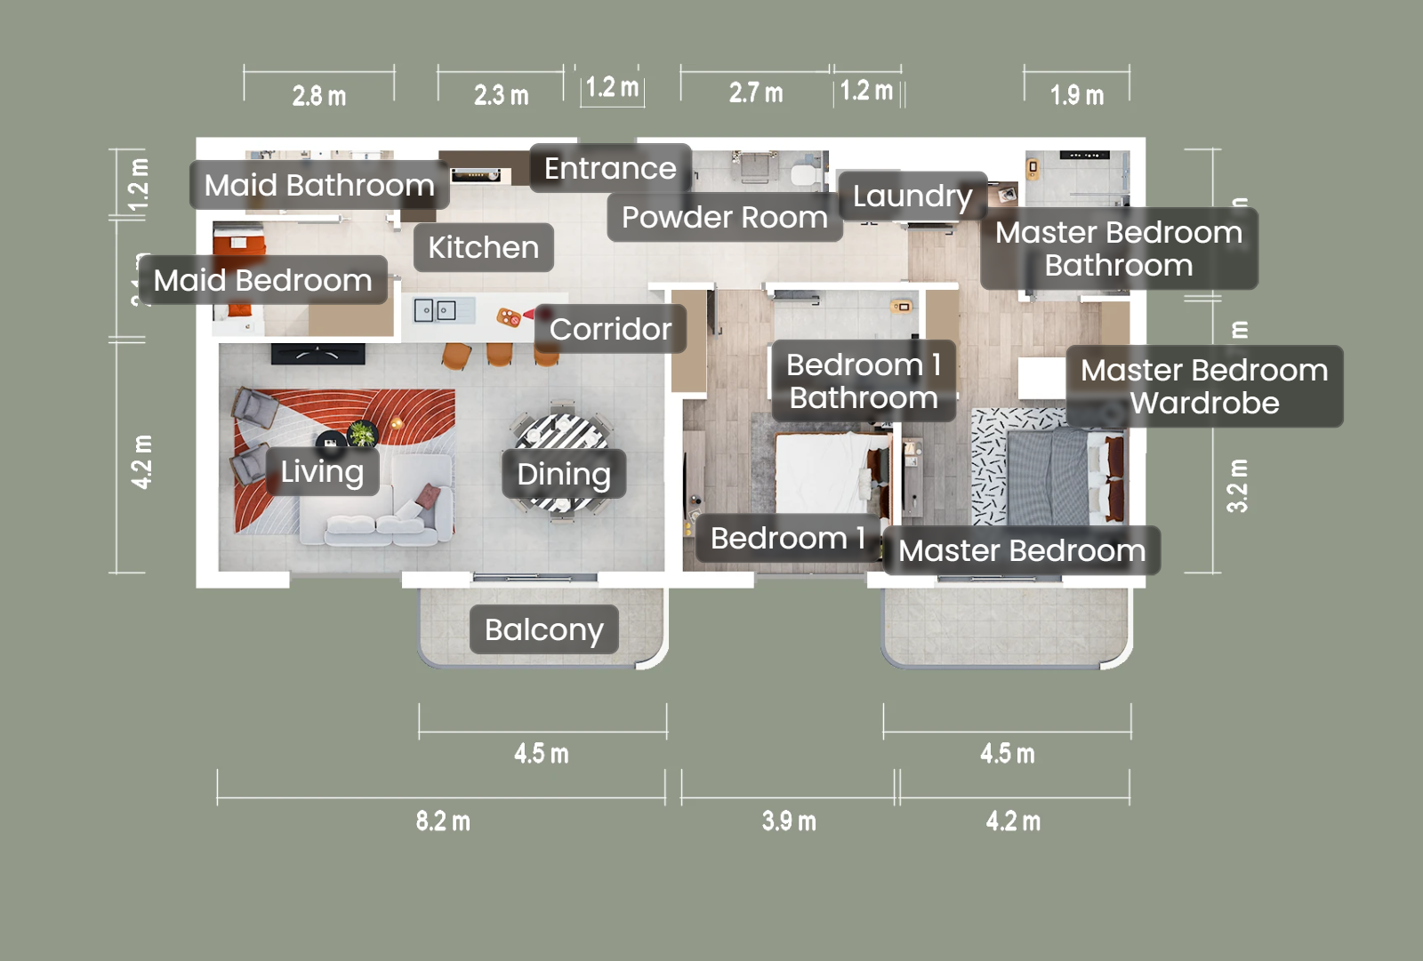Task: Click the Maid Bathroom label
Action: pos(319,185)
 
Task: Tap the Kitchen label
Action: pos(483,247)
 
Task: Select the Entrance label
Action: pos(610,168)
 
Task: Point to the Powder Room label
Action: pos(724,217)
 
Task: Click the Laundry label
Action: pos(912,196)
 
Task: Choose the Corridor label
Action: pos(610,329)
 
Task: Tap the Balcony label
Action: pos(543,629)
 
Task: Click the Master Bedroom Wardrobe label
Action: pos(1204,386)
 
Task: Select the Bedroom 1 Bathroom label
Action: pos(863,380)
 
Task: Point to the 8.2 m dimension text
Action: pos(443,821)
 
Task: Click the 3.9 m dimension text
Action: pos(789,821)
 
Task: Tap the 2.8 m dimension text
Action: pos(319,95)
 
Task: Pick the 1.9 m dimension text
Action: pos(1077,95)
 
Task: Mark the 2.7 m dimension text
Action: pos(756,92)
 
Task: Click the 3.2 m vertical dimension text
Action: pos(1237,485)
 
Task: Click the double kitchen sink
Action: pos(435,310)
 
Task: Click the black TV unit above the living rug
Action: pos(318,354)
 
